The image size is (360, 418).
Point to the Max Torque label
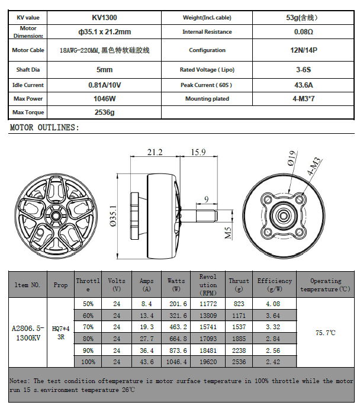pos(28,112)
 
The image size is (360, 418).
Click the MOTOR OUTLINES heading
pos(44,127)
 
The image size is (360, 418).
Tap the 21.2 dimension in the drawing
pos(155,152)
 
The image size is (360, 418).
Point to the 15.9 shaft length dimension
pos(198,152)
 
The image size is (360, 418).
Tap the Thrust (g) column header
pos(239,285)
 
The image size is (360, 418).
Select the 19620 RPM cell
pos(208,361)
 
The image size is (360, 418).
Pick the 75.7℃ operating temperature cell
pos(325,333)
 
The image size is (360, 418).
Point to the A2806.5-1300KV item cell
pos(28,332)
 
